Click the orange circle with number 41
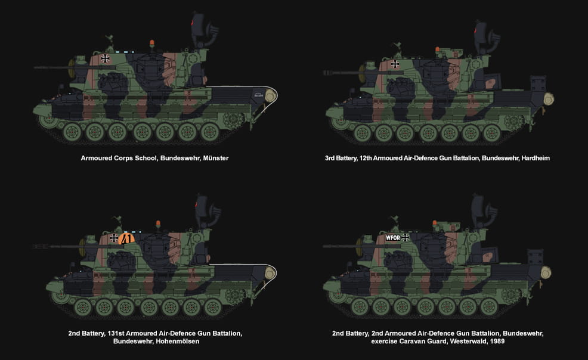click(x=126, y=238)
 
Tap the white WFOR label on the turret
click(x=392, y=237)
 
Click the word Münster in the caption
click(x=216, y=158)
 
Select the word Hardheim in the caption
click(x=536, y=158)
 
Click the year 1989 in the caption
click(x=497, y=342)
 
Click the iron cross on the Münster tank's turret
click(x=106, y=58)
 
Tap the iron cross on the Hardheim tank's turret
click(x=395, y=64)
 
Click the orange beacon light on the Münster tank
click(x=152, y=43)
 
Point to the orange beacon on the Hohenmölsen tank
click(x=158, y=224)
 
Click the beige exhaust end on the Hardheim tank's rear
click(x=549, y=100)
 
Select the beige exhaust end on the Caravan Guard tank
click(x=546, y=272)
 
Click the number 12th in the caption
click(x=365, y=158)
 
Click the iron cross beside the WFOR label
click(x=405, y=237)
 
